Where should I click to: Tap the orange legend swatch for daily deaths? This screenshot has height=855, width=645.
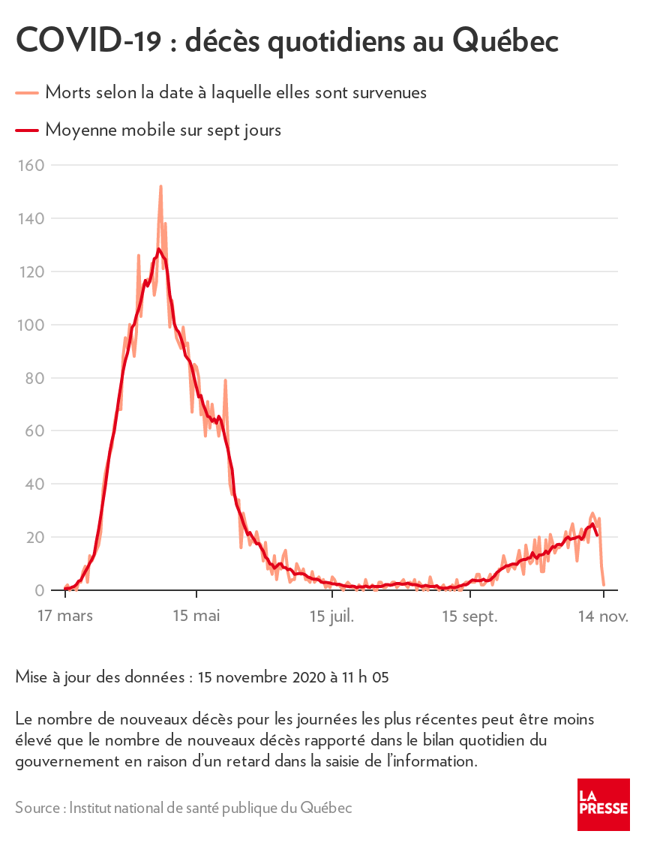point(27,93)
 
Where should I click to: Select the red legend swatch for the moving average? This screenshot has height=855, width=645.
point(27,130)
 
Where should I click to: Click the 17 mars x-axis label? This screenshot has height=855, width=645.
point(65,616)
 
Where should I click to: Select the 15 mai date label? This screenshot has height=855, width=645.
point(196,616)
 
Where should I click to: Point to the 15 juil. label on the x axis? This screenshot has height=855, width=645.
point(331,616)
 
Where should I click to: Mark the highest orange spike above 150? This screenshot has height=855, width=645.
point(160,187)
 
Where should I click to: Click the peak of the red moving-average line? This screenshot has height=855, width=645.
point(158,249)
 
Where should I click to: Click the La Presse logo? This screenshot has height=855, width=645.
point(603,804)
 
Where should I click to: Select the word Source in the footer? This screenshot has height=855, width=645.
point(37,808)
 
